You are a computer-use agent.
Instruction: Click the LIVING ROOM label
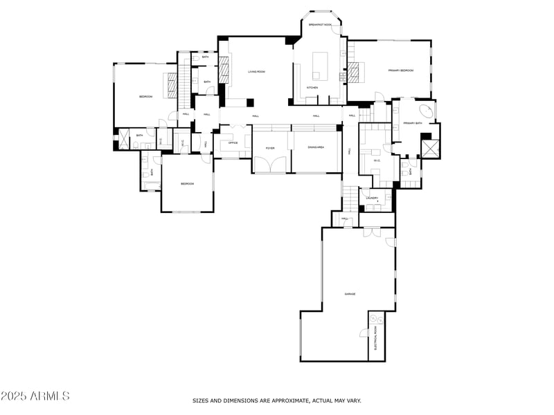[x=257, y=71]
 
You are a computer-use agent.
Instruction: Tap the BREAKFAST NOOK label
[x=319, y=25]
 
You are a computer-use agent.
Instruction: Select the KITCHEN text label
[x=312, y=88]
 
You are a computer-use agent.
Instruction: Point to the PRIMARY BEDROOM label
[x=400, y=71]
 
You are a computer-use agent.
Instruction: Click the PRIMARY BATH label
[x=413, y=123]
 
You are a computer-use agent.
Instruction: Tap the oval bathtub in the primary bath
[x=427, y=111]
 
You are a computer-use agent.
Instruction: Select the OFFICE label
[x=233, y=143]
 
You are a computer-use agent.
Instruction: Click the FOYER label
[x=270, y=148]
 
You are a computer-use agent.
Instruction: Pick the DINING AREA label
[x=316, y=148]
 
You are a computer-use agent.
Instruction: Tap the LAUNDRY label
[x=372, y=199]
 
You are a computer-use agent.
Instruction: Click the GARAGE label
[x=350, y=295]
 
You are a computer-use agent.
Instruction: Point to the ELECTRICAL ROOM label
[x=376, y=338]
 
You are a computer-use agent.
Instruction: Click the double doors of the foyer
[x=270, y=165]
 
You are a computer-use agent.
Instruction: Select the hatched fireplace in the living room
[x=224, y=69]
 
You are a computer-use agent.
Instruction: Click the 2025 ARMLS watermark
[x=35, y=396]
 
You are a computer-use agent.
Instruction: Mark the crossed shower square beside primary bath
[x=430, y=149]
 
